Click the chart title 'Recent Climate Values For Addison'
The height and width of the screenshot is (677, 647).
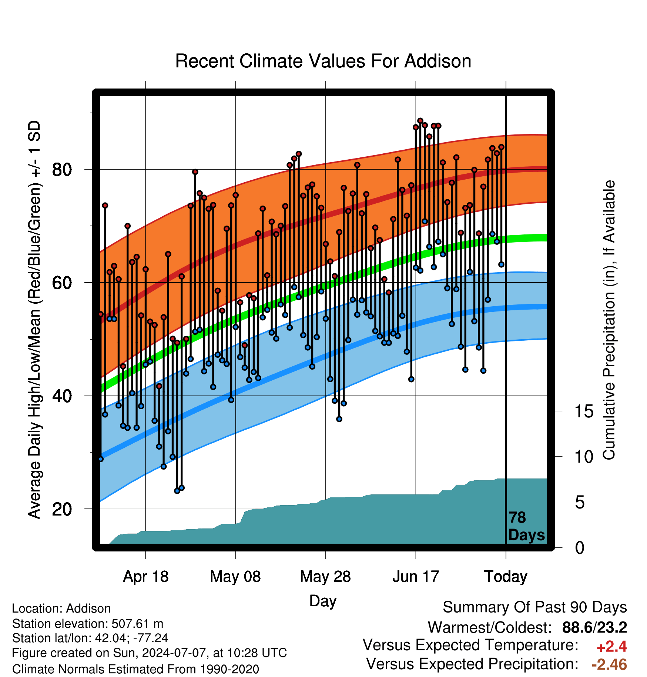click(323, 61)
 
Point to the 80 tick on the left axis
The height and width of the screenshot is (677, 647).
click(62, 170)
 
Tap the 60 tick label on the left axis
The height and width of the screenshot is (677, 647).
click(62, 283)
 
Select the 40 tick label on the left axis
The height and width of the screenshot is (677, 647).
click(62, 396)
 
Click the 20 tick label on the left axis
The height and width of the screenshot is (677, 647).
click(62, 510)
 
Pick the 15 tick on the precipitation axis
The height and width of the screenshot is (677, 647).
click(584, 411)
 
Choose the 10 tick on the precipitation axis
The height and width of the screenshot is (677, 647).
click(584, 457)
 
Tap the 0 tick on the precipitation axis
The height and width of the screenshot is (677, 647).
click(580, 548)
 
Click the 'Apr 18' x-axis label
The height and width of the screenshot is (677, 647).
click(145, 577)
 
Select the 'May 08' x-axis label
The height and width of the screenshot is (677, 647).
click(235, 577)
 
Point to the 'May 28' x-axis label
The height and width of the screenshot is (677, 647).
click(325, 577)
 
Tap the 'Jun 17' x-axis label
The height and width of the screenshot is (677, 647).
click(416, 577)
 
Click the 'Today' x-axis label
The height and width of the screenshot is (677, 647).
click(506, 577)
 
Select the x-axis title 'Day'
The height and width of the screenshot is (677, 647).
click(323, 601)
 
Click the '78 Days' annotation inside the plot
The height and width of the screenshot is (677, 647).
click(526, 526)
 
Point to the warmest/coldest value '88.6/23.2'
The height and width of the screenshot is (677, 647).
click(594, 627)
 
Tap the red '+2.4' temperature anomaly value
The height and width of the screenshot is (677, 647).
click(611, 647)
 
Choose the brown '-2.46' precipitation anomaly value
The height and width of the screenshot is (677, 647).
click(609, 664)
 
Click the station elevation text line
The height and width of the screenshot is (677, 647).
click(88, 624)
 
